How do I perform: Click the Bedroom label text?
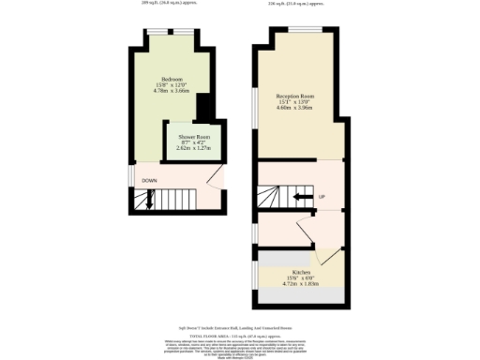click(172, 78)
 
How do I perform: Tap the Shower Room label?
click(194, 137)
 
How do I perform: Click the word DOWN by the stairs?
click(149, 180)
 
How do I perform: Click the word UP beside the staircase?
click(322, 197)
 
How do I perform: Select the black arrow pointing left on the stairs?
click(302, 197)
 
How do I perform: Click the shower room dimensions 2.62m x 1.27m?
click(194, 148)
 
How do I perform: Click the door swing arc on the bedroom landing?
click(215, 178)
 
